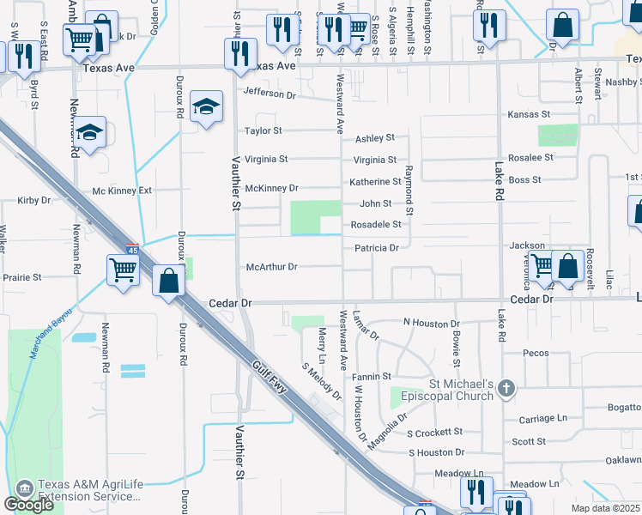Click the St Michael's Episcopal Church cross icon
click(507, 389)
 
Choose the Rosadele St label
click(375, 225)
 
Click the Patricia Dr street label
click(377, 248)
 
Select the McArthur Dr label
click(271, 267)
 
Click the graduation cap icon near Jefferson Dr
click(207, 106)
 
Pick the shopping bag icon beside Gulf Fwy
click(170, 279)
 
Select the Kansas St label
click(528, 114)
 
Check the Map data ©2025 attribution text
click(604, 508)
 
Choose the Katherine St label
click(375, 182)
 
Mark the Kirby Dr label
click(34, 200)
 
